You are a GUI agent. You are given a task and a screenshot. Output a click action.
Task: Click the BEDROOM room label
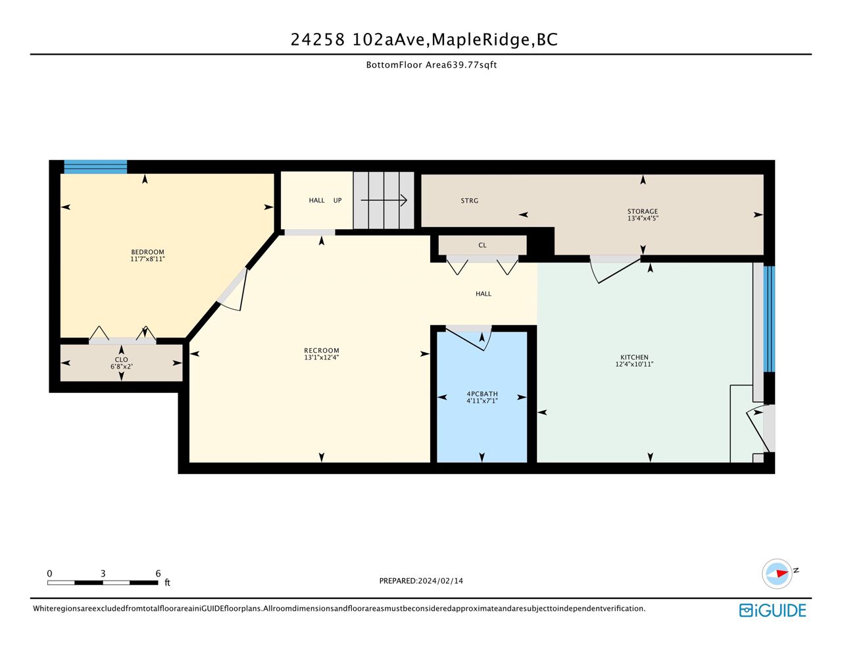(x=147, y=252)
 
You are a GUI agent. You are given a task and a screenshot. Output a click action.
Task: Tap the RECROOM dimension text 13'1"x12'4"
(x=321, y=357)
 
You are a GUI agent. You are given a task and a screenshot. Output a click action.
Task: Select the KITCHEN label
(x=634, y=357)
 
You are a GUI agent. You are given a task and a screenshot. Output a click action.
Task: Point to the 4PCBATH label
(x=482, y=394)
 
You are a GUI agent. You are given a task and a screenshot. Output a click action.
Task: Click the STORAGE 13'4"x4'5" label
(x=643, y=215)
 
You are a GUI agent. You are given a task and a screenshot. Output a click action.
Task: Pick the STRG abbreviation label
(x=469, y=201)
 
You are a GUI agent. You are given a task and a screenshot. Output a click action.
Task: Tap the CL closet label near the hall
(x=482, y=245)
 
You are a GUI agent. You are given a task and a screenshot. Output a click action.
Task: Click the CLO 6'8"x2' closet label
(x=121, y=363)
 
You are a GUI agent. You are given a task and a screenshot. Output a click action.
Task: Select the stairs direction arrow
(x=384, y=200)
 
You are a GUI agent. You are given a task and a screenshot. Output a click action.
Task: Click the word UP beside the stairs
(x=337, y=201)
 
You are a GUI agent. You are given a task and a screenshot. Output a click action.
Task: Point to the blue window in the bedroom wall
(x=95, y=167)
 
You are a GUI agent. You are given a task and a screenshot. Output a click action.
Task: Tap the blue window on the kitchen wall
(x=769, y=319)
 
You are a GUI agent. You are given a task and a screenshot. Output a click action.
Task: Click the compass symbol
(x=776, y=573)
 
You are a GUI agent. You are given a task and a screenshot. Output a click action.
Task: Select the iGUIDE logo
(x=772, y=610)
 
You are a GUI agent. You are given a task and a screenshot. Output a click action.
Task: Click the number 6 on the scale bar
(x=158, y=573)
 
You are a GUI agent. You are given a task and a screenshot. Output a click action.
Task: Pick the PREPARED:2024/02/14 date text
(x=421, y=581)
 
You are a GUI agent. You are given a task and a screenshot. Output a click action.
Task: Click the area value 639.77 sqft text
(x=472, y=65)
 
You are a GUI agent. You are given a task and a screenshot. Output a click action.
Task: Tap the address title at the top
(x=424, y=39)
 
